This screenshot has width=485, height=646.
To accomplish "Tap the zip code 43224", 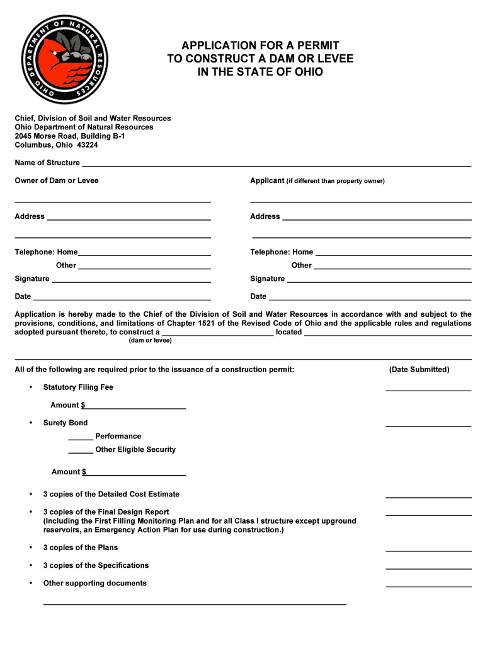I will [88, 144].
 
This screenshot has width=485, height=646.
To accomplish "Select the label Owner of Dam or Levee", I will [57, 180].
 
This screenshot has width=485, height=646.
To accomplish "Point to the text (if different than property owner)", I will [335, 181].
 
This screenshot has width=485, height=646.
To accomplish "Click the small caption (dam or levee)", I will [150, 341].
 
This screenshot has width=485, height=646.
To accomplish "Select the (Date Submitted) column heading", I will [419, 370].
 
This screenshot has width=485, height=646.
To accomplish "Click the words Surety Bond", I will [66, 423].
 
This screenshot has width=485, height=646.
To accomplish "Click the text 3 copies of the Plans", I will [81, 548].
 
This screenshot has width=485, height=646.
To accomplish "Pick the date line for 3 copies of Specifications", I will [428, 568].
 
